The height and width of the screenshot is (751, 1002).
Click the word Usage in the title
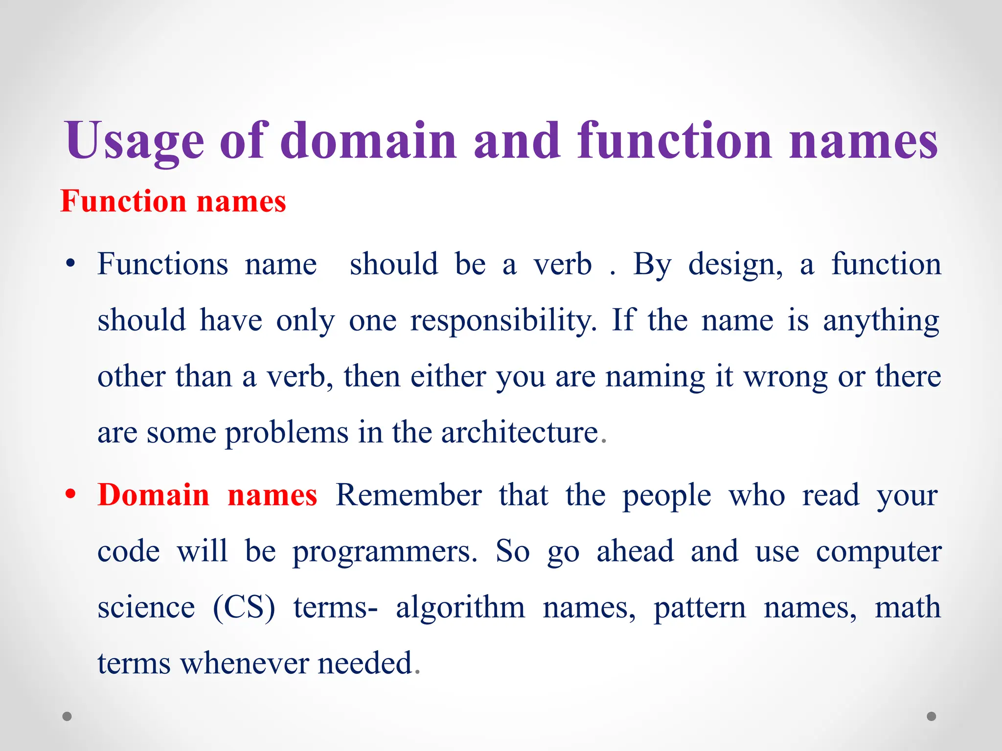point(135,142)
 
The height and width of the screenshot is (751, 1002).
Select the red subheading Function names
point(173,201)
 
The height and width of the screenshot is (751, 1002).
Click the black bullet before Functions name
point(71,264)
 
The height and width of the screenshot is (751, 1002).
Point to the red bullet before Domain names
point(71,494)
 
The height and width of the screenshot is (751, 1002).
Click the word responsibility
point(503,321)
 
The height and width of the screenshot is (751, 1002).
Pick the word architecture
point(520,432)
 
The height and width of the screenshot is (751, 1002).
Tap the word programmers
point(385,552)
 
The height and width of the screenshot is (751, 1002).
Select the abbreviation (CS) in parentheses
point(244,607)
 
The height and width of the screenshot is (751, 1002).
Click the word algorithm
point(460,607)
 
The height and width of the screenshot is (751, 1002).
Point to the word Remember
point(409,495)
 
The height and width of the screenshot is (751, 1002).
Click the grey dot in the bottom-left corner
point(67,716)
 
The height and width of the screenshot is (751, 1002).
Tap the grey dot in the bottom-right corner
point(932,716)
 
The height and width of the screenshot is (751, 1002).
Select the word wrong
point(786,377)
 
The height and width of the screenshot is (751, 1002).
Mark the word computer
point(879,552)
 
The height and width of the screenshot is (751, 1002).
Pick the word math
point(908,607)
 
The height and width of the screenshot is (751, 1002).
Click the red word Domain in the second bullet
point(154,495)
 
